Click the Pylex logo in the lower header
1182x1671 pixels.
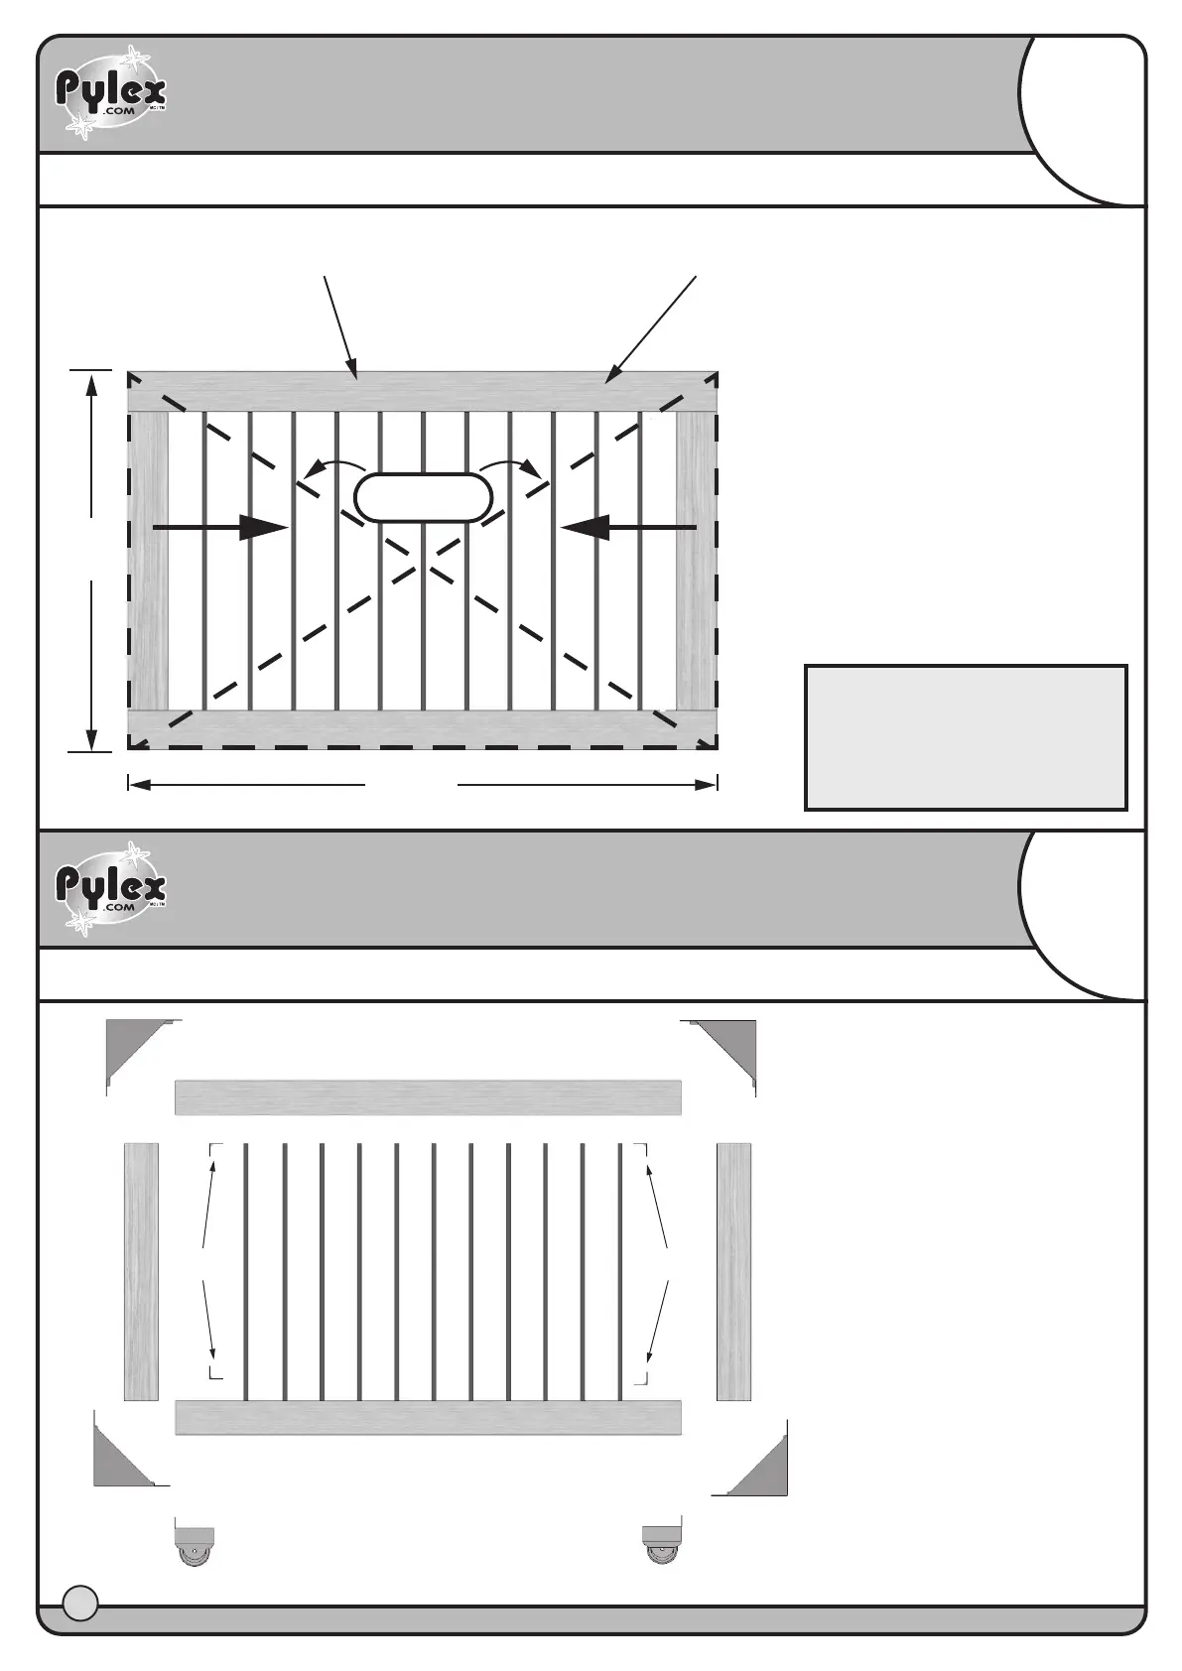pyautogui.click(x=110, y=887)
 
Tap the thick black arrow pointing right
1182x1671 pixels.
pyautogui.click(x=220, y=528)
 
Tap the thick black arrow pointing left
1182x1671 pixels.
pyautogui.click(x=627, y=528)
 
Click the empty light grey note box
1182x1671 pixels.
pyautogui.click(x=966, y=737)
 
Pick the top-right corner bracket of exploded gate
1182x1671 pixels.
pyautogui.click(x=729, y=1048)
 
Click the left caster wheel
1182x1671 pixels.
pyautogui.click(x=194, y=1544)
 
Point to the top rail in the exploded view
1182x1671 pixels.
pyautogui.click(x=428, y=1097)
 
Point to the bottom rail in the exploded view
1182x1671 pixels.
pyautogui.click(x=428, y=1417)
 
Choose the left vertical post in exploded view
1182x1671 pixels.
pyautogui.click(x=141, y=1271)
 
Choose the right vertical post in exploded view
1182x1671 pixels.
pyautogui.click(x=733, y=1271)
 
